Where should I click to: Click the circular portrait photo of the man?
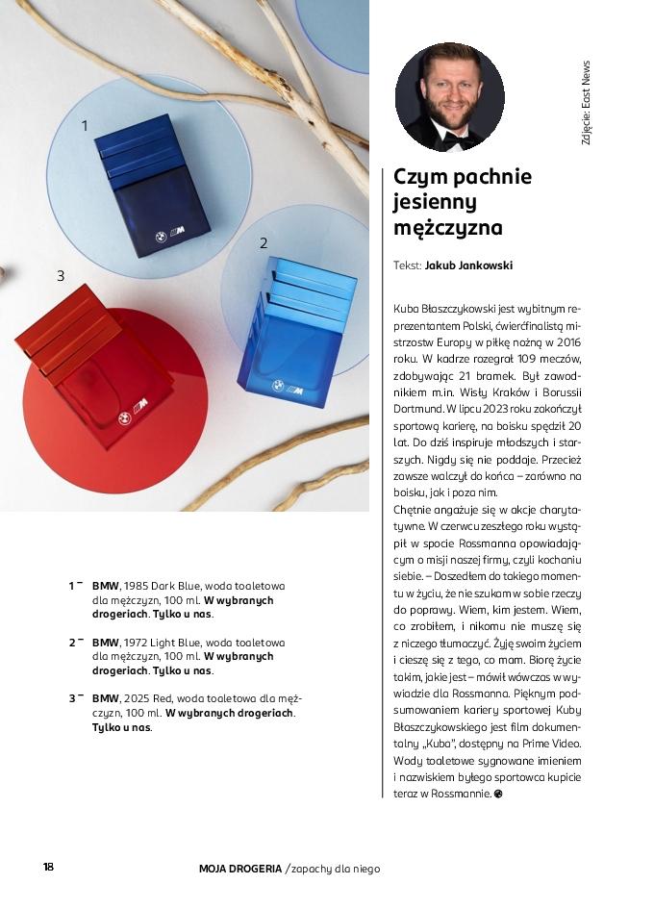point(450,96)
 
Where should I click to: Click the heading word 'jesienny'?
point(435,203)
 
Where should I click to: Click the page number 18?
point(48,867)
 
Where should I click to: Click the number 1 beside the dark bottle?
point(85,125)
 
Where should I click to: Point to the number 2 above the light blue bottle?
point(264,243)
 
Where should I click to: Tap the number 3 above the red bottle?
point(60,276)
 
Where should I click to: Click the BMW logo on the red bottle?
point(124,418)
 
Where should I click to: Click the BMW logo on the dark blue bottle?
point(155,234)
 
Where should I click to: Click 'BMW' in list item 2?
point(105,642)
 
